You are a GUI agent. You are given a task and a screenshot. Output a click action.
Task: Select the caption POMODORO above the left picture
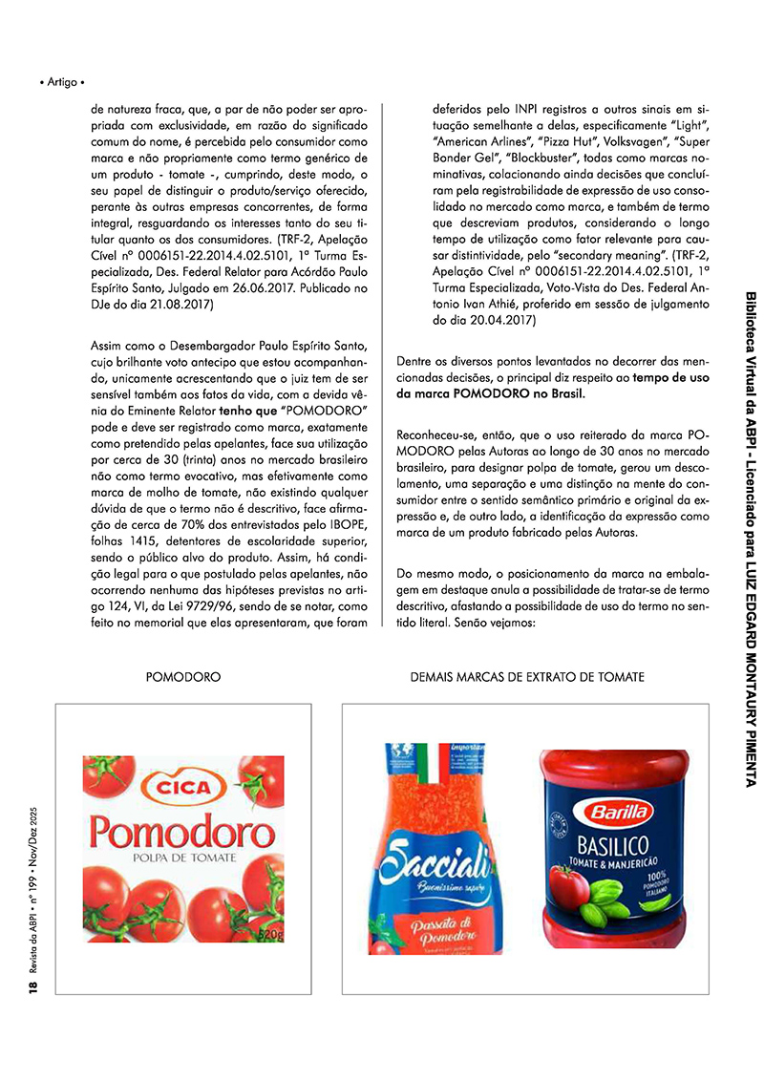pyautogui.click(x=183, y=677)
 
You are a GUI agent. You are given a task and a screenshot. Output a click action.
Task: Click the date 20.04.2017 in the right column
pyautogui.click(x=498, y=321)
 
